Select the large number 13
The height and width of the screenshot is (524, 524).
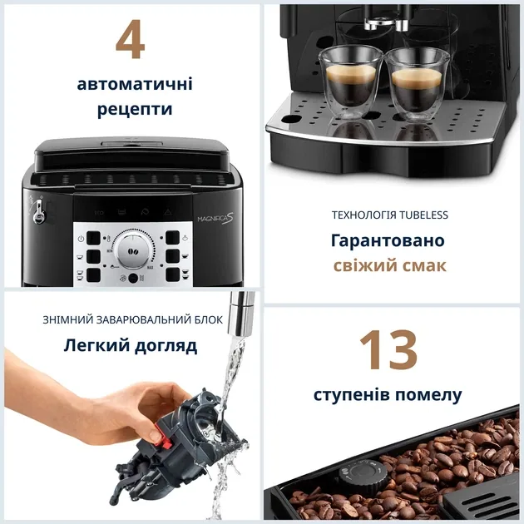pos(388,350)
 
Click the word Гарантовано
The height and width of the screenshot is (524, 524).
pos(388,240)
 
